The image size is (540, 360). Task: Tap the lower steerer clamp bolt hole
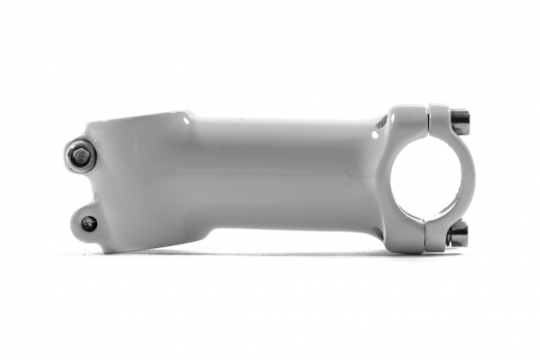(88, 223)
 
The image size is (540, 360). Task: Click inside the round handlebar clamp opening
(419, 178)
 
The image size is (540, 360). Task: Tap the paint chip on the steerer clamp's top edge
(188, 121)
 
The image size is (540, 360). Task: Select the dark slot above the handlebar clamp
(380, 124)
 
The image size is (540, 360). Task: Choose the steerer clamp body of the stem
(147, 181)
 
